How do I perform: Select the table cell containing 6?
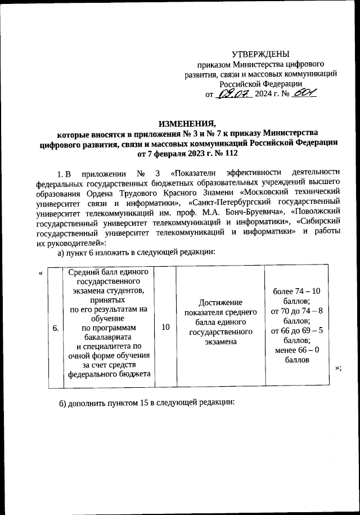(x=55, y=329)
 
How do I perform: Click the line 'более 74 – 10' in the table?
(x=296, y=291)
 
